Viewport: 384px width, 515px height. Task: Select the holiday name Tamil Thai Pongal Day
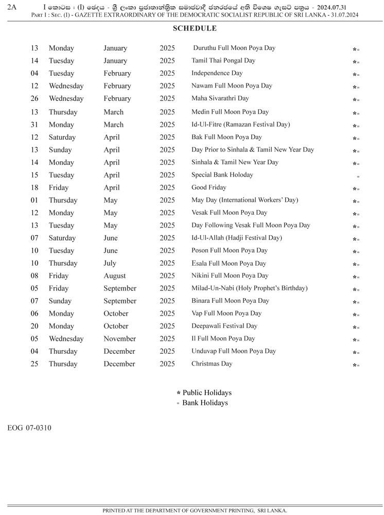223,60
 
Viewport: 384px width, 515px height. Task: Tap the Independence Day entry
217,73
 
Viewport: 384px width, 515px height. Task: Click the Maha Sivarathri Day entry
220,98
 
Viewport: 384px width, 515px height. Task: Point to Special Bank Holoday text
222,175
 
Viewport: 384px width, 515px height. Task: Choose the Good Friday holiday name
209,187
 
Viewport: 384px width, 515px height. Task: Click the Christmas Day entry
212,364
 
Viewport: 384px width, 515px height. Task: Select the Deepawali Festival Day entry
224,326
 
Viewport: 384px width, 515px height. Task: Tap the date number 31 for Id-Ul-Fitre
34,125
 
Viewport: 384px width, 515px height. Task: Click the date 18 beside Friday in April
34,187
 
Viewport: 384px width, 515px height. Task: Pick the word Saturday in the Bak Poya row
62,137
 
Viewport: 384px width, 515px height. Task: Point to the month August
114,276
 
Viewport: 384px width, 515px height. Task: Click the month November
119,338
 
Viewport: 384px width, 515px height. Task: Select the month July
111,263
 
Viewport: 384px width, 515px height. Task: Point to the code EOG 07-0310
29,428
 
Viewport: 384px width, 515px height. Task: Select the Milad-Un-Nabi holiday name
249,288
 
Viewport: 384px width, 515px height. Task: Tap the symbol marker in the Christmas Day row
356,365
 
